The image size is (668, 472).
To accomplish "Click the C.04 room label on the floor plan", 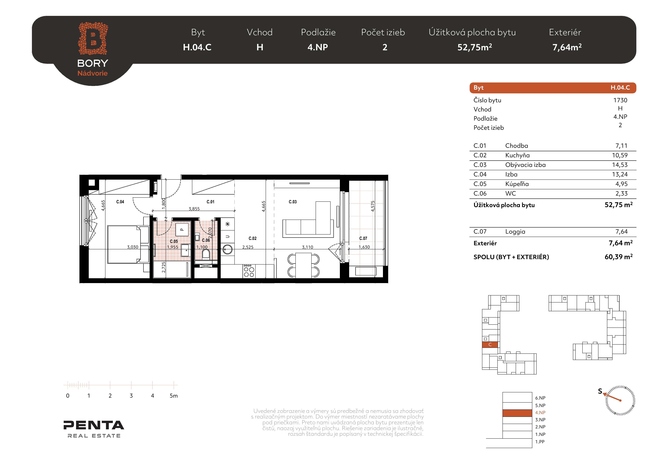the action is pyautogui.click(x=120, y=202).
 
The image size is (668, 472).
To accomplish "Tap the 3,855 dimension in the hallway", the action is pyautogui.click(x=194, y=209).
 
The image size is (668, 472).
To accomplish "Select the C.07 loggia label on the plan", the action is pyautogui.click(x=363, y=238).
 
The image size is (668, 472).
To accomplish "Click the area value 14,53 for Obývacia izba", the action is pyautogui.click(x=620, y=165).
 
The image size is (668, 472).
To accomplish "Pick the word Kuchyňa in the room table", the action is pyautogui.click(x=517, y=155).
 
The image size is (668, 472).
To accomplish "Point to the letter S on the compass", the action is pyautogui.click(x=600, y=391).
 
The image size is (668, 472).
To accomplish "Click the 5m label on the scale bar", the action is pyautogui.click(x=174, y=396).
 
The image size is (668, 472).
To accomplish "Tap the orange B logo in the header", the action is pyautogui.click(x=93, y=38).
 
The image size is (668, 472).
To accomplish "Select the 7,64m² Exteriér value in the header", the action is pyautogui.click(x=567, y=47).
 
